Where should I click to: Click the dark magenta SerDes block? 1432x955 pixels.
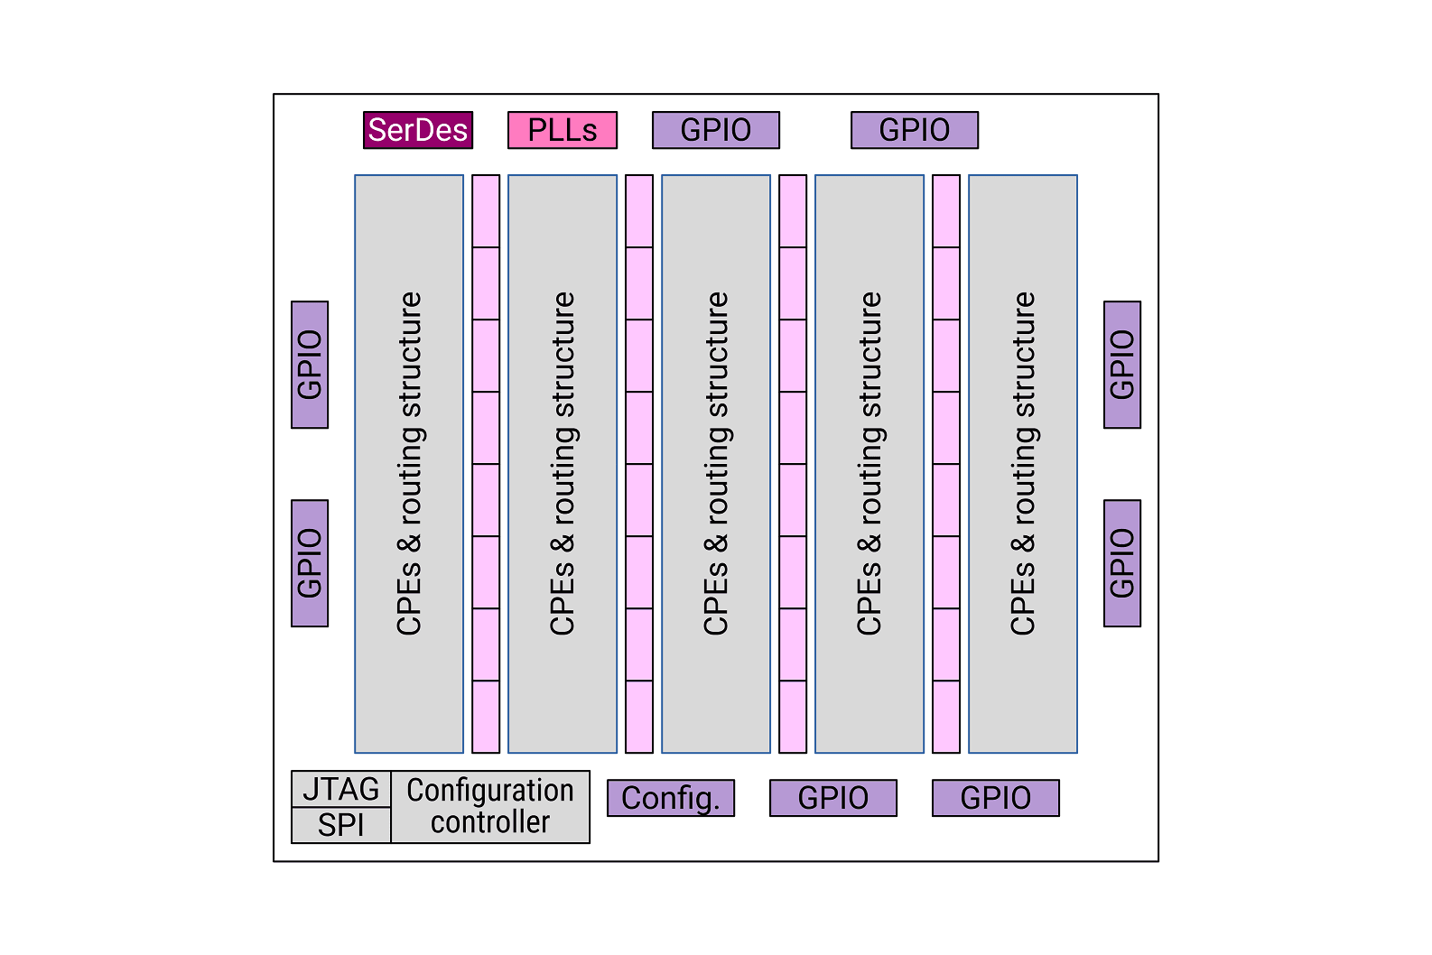[x=418, y=130]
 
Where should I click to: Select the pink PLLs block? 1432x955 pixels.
[x=563, y=130]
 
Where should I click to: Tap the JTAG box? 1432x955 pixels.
[x=341, y=789]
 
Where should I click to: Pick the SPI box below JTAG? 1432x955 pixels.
[x=341, y=825]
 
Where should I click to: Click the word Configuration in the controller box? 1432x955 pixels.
[x=490, y=791]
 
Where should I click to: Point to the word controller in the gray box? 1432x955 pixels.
[x=490, y=822]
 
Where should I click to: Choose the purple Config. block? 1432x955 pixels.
[x=671, y=798]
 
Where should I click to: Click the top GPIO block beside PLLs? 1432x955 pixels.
[x=716, y=130]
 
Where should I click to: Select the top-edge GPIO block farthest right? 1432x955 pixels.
[x=915, y=130]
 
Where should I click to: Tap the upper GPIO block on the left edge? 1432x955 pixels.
[x=310, y=365]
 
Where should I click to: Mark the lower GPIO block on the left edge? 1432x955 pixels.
[x=310, y=563]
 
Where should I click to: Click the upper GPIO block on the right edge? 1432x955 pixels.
[x=1122, y=365]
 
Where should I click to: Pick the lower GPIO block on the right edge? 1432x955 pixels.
[x=1122, y=563]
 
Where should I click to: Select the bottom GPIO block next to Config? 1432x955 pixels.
[x=833, y=798]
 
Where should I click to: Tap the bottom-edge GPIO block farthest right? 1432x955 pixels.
[x=996, y=798]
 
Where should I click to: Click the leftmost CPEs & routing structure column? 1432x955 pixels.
[x=409, y=464]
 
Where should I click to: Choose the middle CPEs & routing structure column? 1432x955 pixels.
[x=716, y=464]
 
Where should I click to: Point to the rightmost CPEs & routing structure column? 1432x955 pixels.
[x=1023, y=464]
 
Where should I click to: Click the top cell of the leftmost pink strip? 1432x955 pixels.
[x=486, y=211]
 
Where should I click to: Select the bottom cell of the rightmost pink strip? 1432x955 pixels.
[x=946, y=717]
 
